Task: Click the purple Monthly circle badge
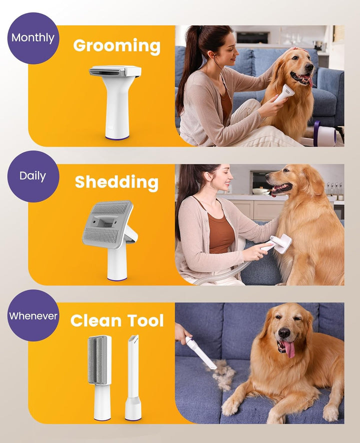click(33, 37)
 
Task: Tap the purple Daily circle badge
click(33, 176)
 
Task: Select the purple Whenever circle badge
click(33, 315)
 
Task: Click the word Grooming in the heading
click(116, 46)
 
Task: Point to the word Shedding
click(116, 182)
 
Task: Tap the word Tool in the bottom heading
click(145, 320)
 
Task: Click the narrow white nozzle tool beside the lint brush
click(133, 375)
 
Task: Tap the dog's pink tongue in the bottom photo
click(289, 348)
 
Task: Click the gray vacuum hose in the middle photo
click(220, 275)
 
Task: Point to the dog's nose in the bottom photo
click(284, 333)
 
